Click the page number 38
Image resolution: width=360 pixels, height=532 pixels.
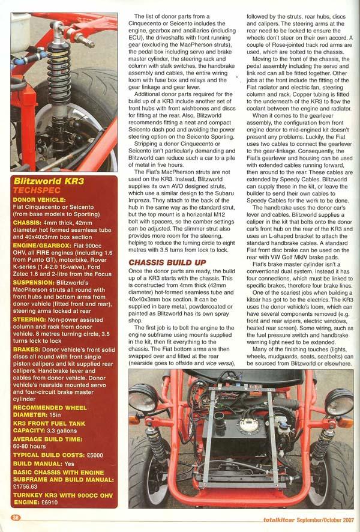coord(16,518)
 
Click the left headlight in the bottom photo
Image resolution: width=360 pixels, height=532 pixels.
coord(143,400)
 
